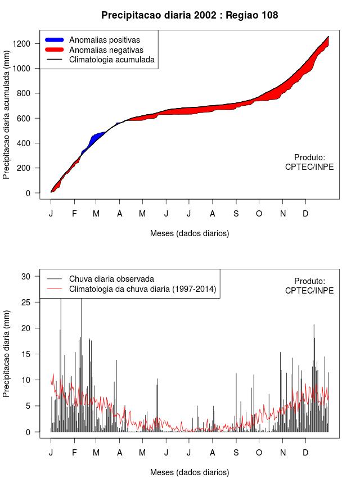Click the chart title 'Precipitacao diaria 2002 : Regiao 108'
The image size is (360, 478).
tap(190, 15)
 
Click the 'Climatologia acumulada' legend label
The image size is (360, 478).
tap(111, 59)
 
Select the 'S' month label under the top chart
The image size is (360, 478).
tap(236, 214)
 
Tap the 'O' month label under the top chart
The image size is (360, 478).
tap(259, 214)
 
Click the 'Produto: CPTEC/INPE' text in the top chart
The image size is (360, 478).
tap(309, 162)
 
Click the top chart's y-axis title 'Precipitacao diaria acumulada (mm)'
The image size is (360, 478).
tap(7, 118)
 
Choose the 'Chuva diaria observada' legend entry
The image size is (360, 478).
tap(111, 278)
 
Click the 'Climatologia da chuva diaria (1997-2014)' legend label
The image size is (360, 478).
tap(142, 289)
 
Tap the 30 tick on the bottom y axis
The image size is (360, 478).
tap(32, 276)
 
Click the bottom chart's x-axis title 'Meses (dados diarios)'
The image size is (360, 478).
tap(190, 472)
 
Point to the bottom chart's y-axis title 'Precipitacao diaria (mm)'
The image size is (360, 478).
tap(7, 354)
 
